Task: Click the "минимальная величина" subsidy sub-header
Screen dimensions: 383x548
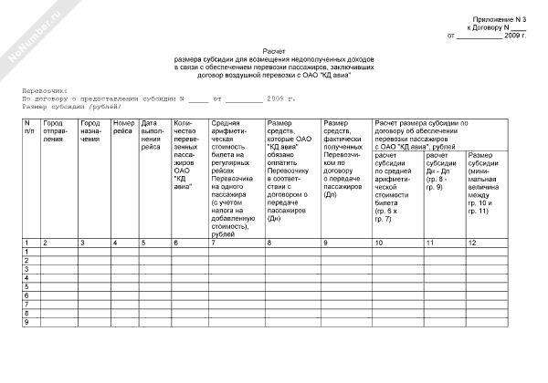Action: [x=485, y=186]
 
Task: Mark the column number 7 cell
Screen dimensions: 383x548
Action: [x=214, y=243]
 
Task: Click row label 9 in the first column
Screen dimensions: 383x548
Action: [x=27, y=322]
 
